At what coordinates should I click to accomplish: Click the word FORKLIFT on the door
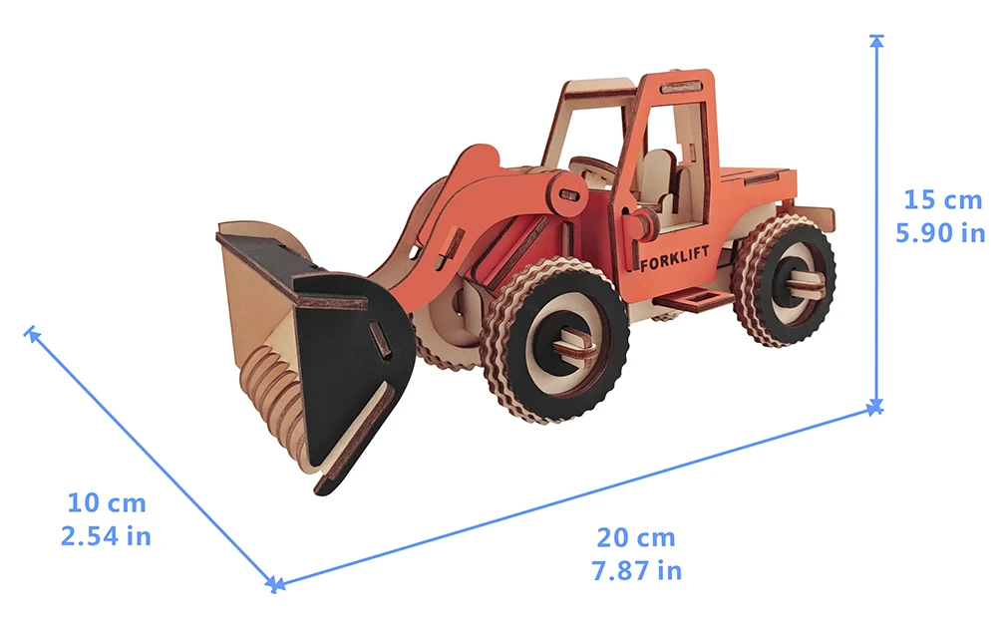pos(674,259)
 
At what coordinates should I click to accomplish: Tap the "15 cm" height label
pos(943,200)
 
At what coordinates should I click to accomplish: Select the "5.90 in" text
pos(940,233)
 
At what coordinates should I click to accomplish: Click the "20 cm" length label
pos(636,538)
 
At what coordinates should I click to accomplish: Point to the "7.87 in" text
pos(636,571)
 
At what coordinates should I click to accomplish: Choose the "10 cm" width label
pos(107,502)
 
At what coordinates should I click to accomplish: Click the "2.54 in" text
pos(107,536)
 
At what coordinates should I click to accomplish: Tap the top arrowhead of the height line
pos(876,41)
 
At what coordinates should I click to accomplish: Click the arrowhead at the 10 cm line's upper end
pos(31,333)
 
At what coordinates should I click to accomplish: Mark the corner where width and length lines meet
pos(275,583)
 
